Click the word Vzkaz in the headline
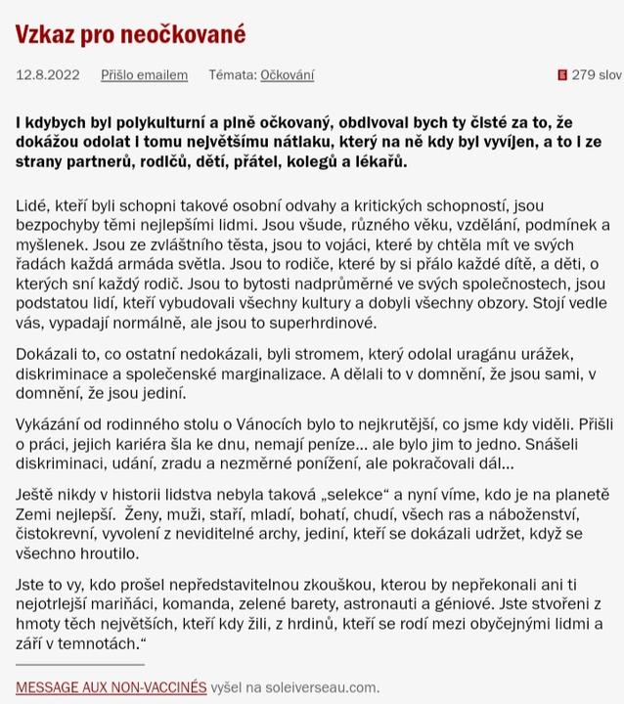coord(46,34)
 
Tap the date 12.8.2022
coord(48,74)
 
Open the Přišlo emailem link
coord(144,74)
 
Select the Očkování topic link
coord(288,74)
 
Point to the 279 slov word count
coord(596,74)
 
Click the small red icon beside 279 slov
coord(561,74)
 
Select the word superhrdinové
coord(330,323)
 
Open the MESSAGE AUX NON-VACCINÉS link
coord(111,686)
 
